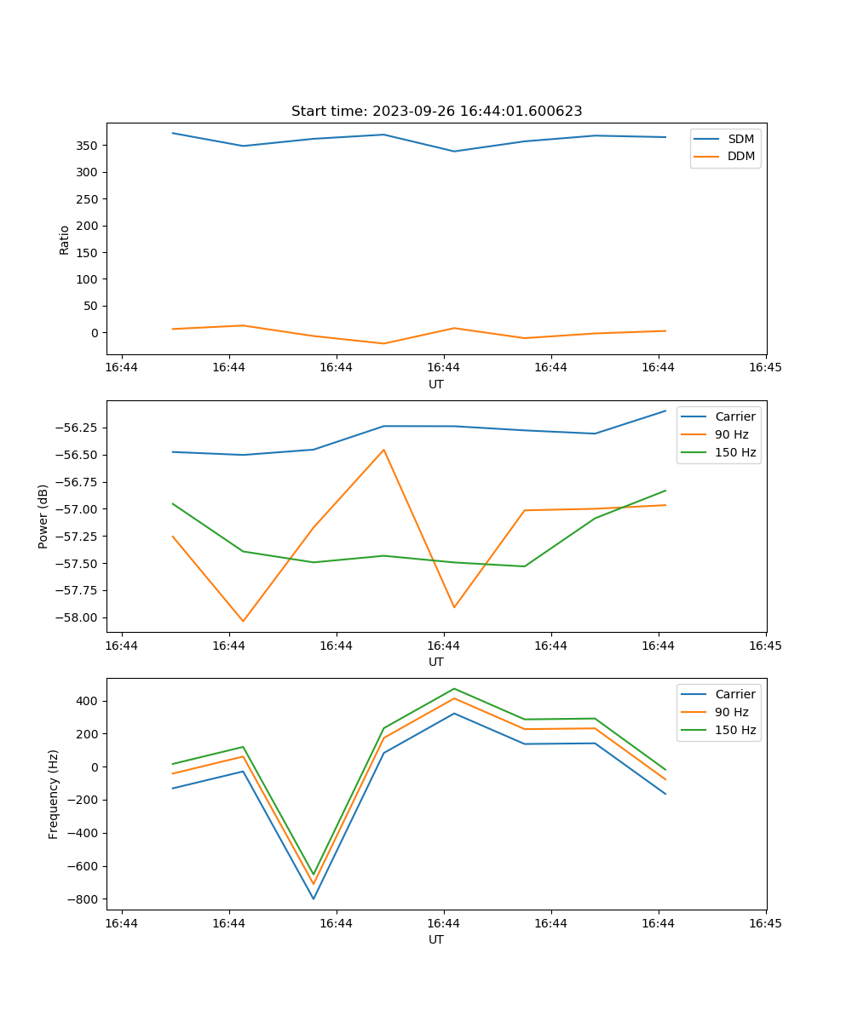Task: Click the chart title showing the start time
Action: coord(436,112)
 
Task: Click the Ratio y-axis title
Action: coord(65,239)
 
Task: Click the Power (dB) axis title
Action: coord(43,516)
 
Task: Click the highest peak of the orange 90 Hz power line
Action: coord(383,450)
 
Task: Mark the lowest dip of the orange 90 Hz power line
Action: coord(243,621)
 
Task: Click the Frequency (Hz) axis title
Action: coord(54,795)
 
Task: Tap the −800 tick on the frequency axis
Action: coord(83,899)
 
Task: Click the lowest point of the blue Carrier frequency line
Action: coord(314,899)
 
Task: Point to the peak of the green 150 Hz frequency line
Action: coord(454,689)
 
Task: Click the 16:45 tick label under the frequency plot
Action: coord(765,923)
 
